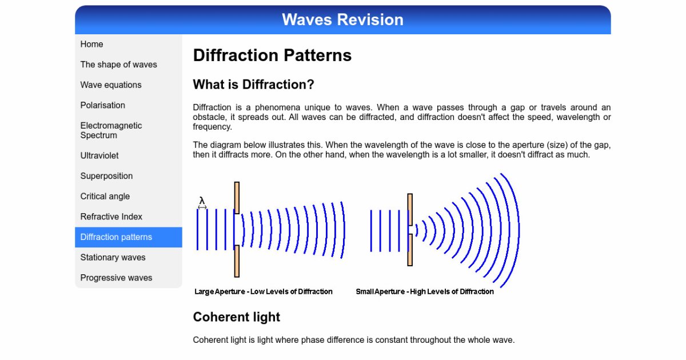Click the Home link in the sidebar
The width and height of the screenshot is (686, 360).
coord(91,44)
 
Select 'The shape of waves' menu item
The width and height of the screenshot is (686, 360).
coord(118,65)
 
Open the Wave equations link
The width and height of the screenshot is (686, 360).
coord(111,85)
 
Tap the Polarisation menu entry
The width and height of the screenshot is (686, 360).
coord(102,105)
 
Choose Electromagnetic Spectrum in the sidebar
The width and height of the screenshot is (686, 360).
coord(111,130)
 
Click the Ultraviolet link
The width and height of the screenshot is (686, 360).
coord(99,155)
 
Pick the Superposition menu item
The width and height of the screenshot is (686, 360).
coord(106,176)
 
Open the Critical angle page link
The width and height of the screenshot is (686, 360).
coord(105,196)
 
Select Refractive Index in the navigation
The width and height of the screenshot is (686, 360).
coord(111,217)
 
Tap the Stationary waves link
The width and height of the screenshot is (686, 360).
coord(113,258)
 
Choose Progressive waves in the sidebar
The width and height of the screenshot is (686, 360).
coord(116,278)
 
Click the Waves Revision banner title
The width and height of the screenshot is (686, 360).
coord(342,19)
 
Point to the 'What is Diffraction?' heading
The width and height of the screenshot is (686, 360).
coord(254,85)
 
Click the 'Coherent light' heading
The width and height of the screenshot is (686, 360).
coord(237,317)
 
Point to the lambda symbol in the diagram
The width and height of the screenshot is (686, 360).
coord(202,201)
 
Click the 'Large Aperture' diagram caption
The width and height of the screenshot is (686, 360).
coord(264,291)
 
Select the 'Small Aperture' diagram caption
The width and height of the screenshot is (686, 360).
coord(425,291)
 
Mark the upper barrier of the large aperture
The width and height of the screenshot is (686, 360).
coord(237,198)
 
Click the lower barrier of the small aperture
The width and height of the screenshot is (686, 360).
coord(410,250)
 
